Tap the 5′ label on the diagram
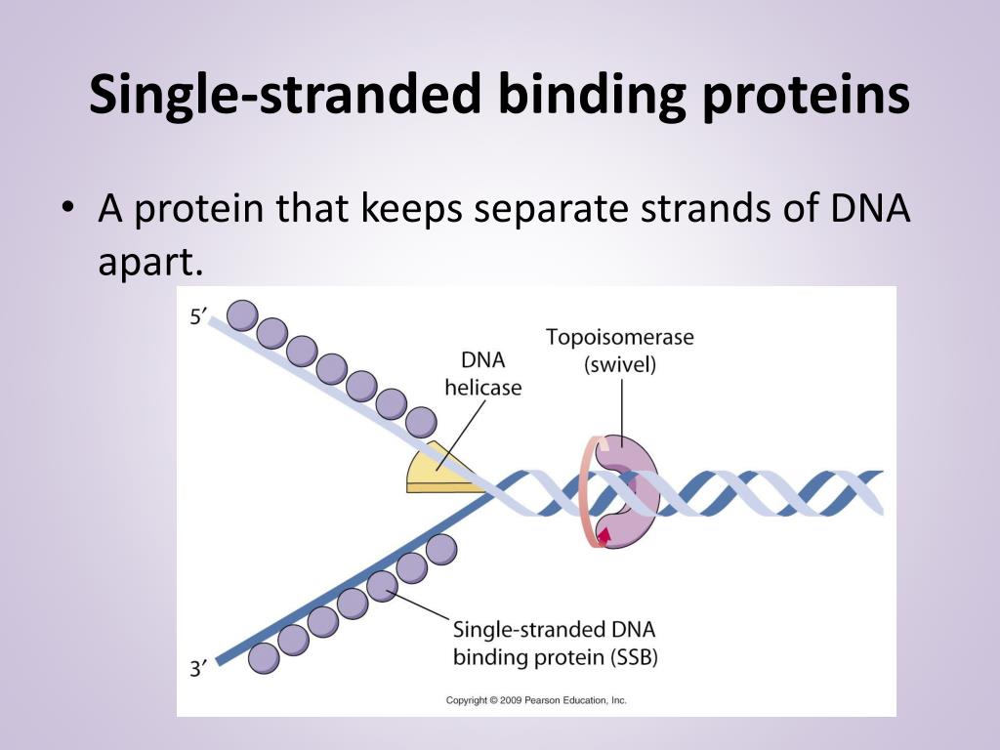coord(199,315)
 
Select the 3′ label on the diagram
coord(199,670)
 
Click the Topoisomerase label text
coord(619,338)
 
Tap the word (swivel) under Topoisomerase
coord(620,366)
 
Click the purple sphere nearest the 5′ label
coord(242,315)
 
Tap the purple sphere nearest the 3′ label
coord(264,657)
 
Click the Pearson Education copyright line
coord(536,700)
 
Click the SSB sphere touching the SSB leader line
coord(383,584)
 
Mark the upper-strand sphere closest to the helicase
coord(421,422)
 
